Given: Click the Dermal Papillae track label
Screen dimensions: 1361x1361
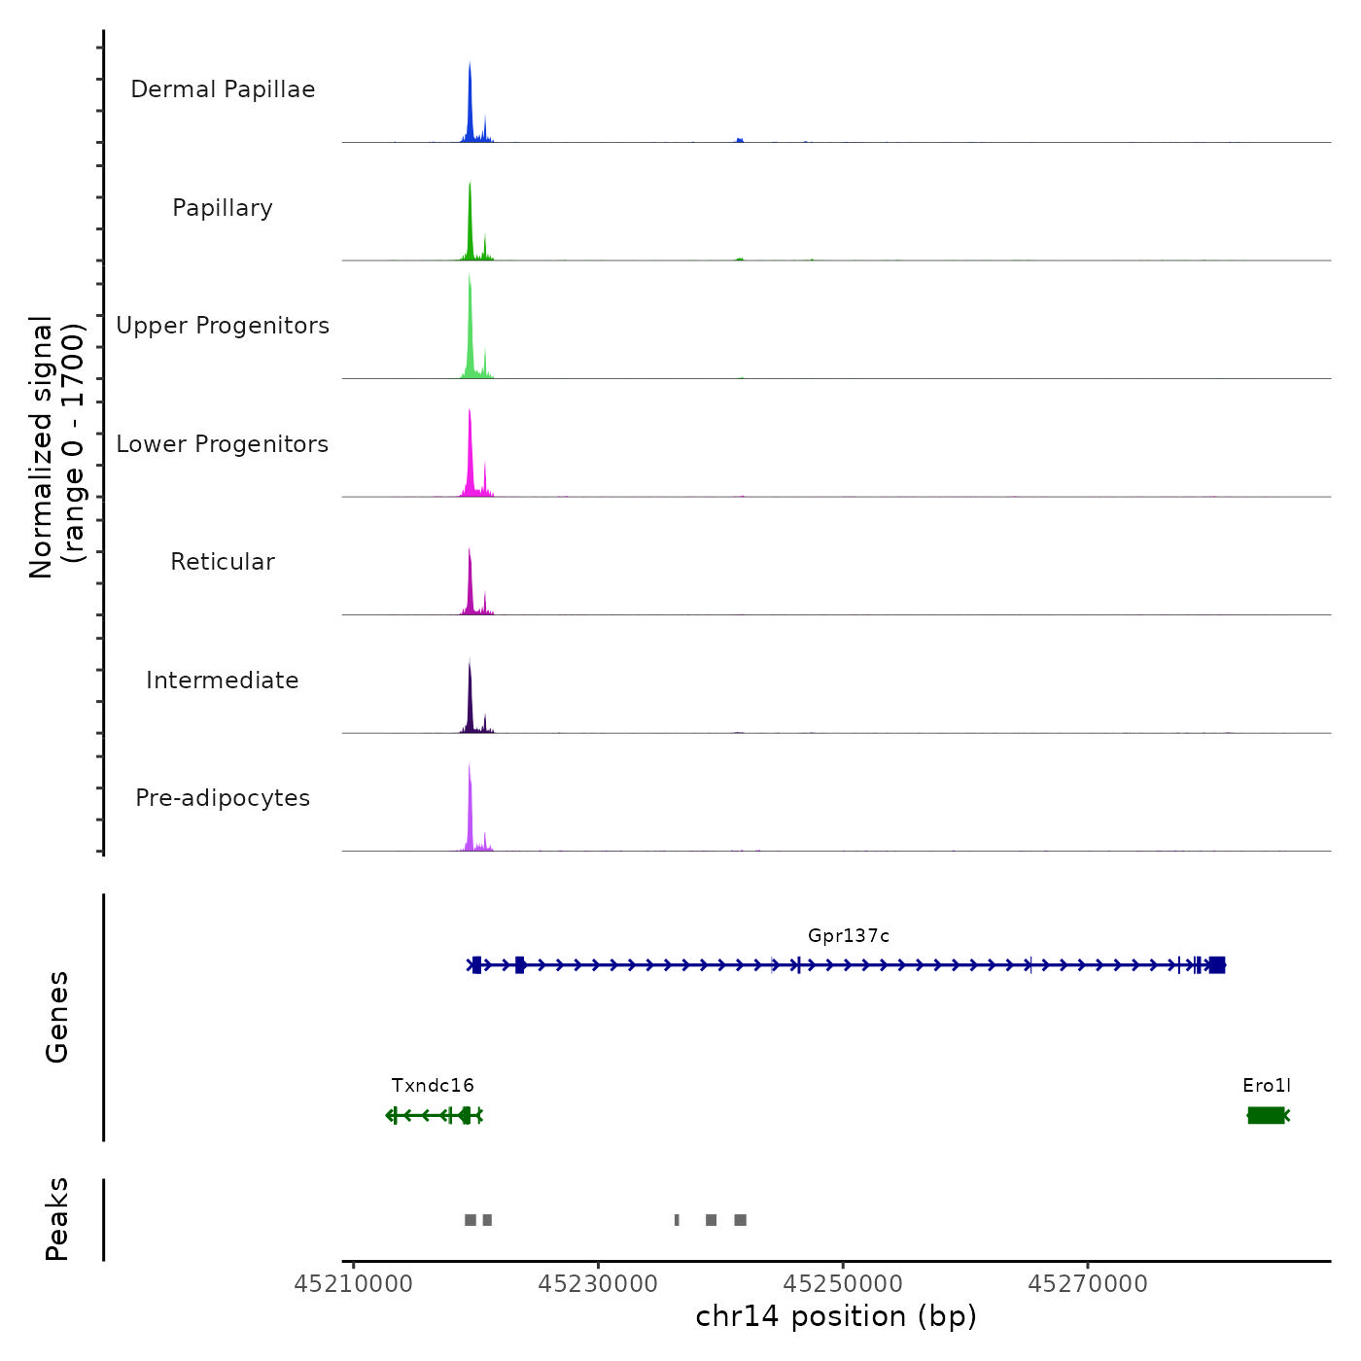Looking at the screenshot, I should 223,89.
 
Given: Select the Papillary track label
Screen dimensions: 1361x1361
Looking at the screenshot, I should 223,208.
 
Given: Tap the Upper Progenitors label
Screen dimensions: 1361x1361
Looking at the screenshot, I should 223,326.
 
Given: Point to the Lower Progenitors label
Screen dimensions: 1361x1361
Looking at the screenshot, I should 223,444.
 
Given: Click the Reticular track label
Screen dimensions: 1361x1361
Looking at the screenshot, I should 223,562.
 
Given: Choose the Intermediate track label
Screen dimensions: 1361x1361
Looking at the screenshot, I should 223,680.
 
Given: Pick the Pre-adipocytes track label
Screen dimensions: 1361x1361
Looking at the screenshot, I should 223,798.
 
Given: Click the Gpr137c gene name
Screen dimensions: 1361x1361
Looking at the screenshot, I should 848,936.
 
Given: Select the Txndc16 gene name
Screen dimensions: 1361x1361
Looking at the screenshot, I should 433,1086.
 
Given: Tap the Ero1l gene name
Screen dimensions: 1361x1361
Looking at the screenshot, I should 1267,1086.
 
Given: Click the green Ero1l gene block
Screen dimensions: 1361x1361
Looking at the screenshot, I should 1266,1115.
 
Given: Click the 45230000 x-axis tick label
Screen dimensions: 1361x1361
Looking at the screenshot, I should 598,1284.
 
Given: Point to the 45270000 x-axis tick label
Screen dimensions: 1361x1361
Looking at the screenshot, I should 1088,1284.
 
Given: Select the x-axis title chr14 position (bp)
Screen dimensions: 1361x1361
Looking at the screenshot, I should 836,1316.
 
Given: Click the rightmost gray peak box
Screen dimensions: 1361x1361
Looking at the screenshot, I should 741,1220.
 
